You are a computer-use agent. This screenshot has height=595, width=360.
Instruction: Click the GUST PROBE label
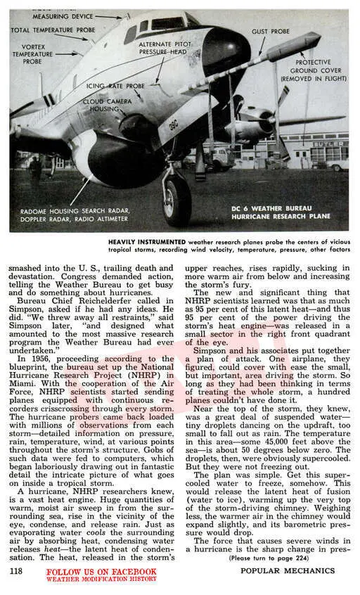point(271,31)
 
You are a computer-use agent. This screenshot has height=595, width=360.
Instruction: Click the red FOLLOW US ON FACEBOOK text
point(101,572)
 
